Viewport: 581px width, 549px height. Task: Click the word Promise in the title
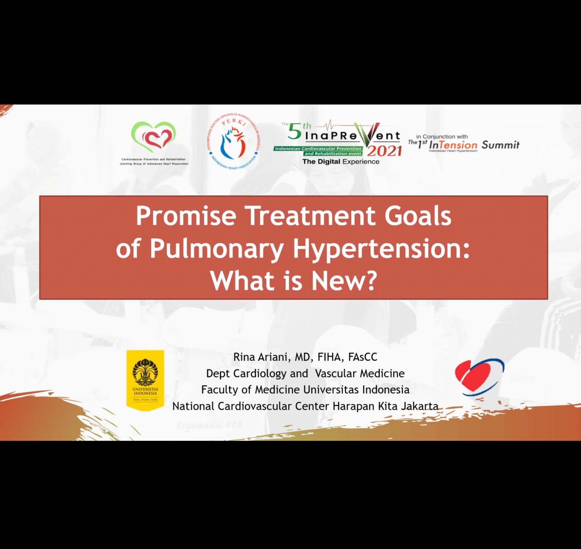(186, 216)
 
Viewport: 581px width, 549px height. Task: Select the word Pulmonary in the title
(216, 249)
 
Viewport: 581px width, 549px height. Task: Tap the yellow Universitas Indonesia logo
(145, 380)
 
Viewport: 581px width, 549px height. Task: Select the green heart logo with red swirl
(153, 137)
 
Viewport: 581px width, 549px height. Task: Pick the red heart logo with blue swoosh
(479, 377)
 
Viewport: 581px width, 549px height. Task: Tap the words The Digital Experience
(340, 162)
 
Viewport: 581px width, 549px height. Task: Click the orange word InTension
(453, 145)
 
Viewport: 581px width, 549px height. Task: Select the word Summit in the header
(500, 145)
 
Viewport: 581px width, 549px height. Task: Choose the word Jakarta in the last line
(419, 406)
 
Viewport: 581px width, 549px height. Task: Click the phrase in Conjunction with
(442, 137)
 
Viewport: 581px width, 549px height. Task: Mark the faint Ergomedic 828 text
(209, 425)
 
